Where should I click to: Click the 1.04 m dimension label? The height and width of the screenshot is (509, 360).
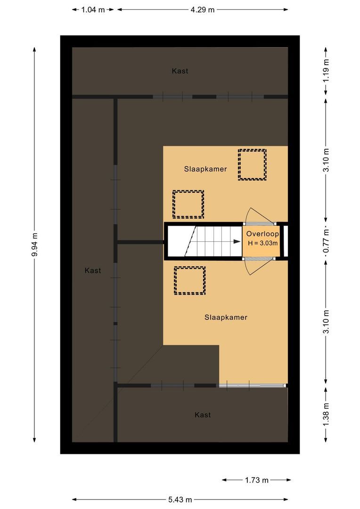(x=93, y=9)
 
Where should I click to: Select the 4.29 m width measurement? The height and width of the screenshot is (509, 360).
(x=203, y=9)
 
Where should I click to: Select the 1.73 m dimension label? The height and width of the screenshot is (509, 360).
(x=256, y=480)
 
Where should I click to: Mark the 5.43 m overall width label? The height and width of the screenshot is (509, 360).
(x=180, y=500)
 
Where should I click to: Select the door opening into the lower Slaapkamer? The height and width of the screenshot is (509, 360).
(x=257, y=268)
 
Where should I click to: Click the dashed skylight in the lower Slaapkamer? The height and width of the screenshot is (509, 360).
(x=190, y=281)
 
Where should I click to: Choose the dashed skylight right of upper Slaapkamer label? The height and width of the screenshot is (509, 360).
(x=252, y=164)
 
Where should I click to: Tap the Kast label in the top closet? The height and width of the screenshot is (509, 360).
(x=180, y=71)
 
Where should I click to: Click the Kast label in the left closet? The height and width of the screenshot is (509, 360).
(x=93, y=271)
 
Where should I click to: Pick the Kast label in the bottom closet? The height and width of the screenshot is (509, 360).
(x=203, y=415)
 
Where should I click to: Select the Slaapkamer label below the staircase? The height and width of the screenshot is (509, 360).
(x=226, y=317)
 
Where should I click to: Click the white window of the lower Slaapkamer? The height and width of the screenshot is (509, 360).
(x=253, y=386)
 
